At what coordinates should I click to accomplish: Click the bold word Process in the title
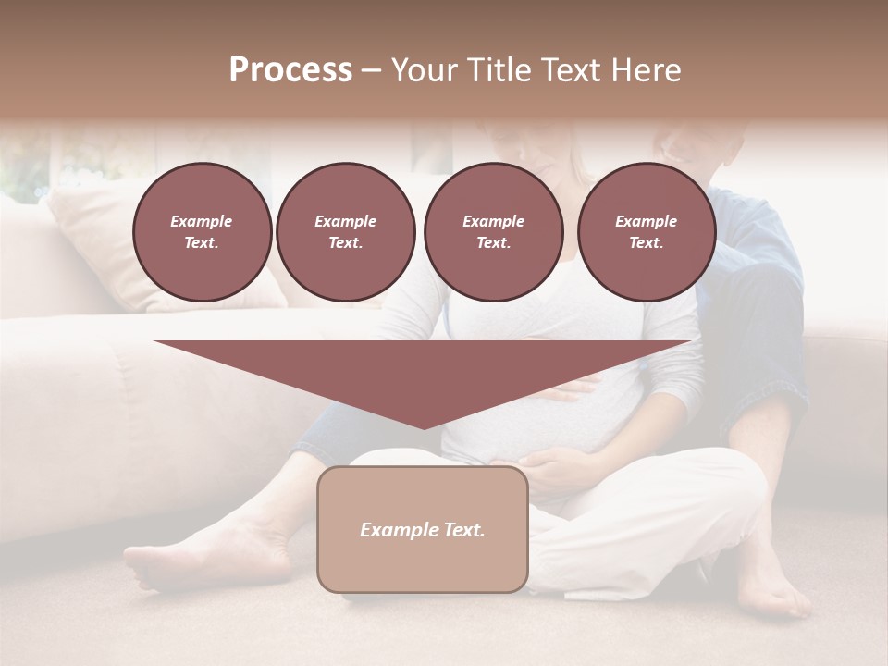click(x=290, y=70)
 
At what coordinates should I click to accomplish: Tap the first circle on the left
click(x=202, y=232)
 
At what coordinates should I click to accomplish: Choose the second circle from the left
click(x=345, y=232)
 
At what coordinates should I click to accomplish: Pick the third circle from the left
click(x=493, y=232)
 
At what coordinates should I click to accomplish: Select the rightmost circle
click(x=646, y=232)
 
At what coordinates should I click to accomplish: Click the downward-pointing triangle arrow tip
click(x=424, y=421)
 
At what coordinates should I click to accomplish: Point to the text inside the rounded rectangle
click(x=422, y=530)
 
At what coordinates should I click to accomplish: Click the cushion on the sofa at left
click(x=102, y=245)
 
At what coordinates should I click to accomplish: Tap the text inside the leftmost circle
click(x=202, y=232)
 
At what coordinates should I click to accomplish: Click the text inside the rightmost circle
click(x=646, y=232)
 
